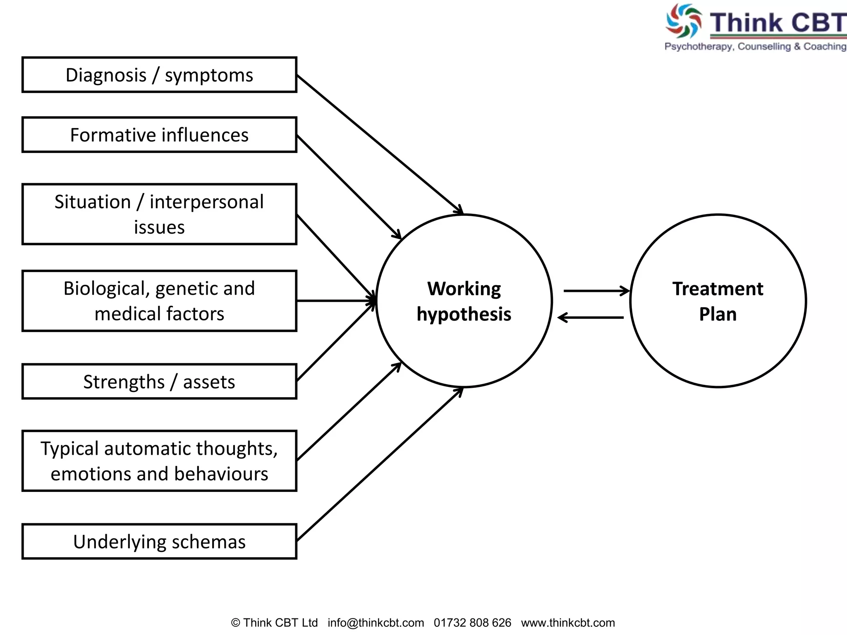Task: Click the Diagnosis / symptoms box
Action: (159, 75)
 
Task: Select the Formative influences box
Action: (159, 135)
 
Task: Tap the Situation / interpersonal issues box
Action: (159, 214)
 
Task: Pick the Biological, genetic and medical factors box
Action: (159, 301)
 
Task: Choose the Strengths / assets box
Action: (159, 382)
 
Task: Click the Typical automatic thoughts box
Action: (159, 461)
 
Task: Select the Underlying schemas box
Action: (159, 542)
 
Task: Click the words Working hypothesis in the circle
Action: (464, 301)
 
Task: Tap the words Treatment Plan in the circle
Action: (718, 301)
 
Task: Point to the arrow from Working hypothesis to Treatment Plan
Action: (596, 291)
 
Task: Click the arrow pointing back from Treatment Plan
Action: (591, 317)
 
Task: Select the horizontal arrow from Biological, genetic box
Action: (335, 301)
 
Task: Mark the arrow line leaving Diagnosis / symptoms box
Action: (378, 143)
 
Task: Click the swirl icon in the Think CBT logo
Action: (683, 21)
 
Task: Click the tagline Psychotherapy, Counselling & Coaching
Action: (755, 46)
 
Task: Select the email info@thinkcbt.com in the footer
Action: (376, 623)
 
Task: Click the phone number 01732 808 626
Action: (472, 623)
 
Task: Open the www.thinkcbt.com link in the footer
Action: (568, 623)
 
